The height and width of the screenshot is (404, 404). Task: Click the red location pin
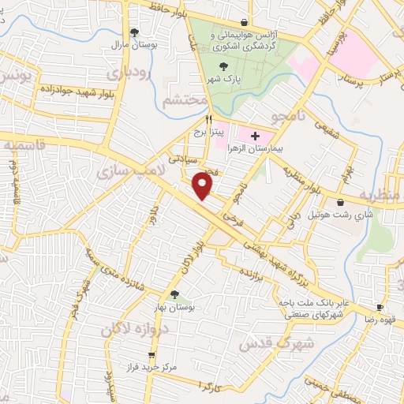204,185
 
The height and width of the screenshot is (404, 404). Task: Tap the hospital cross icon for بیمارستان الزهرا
254,136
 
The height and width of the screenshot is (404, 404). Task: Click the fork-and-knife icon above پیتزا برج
208,118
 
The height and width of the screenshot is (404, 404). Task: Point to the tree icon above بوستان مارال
135,32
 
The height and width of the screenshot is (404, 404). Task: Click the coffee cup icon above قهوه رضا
380,308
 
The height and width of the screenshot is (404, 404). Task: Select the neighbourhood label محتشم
185,101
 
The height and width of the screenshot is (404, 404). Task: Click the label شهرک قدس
308,342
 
